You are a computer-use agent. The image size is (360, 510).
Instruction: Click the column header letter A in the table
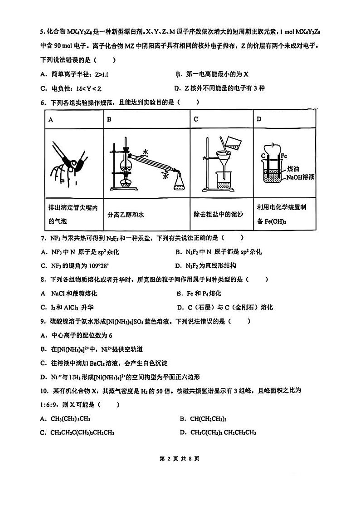click(51, 119)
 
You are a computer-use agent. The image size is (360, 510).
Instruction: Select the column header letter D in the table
click(259, 119)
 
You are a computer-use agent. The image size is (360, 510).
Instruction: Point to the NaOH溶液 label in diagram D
click(300, 177)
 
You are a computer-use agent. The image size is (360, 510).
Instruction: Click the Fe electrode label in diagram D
click(285, 155)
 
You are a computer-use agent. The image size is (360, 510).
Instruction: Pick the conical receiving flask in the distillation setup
click(180, 181)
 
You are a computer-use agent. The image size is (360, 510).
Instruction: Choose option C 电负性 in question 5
click(71, 88)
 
